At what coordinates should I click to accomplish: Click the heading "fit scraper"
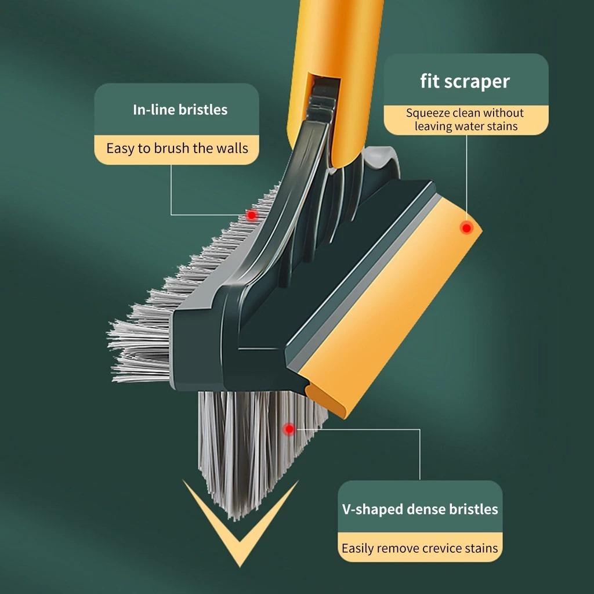tap(465, 81)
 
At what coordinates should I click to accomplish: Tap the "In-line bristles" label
tap(180, 109)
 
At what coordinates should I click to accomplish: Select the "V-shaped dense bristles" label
tap(419, 509)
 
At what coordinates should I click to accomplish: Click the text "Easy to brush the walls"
tap(177, 148)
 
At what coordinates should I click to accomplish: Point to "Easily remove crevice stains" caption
tap(419, 548)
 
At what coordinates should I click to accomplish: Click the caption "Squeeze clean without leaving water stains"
tap(465, 119)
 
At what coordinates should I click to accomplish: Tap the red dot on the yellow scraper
tap(466, 228)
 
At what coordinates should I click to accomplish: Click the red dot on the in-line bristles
tap(251, 215)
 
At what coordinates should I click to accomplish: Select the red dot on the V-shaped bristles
tap(288, 429)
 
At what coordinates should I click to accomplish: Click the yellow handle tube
tap(336, 46)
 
